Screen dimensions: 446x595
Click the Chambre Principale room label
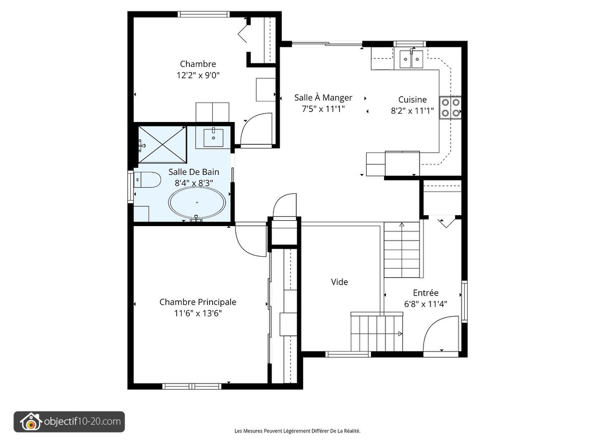tap(198, 302)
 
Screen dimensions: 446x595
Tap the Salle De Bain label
tap(194, 172)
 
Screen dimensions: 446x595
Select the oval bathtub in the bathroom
tap(197, 203)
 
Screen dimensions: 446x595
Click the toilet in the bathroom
tap(147, 180)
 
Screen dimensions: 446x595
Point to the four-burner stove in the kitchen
tap(450, 108)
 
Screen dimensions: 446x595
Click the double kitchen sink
tap(411, 59)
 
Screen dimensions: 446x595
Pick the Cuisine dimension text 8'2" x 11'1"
tap(412, 111)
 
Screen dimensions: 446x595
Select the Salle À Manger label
tap(323, 98)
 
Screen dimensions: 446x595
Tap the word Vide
tap(339, 282)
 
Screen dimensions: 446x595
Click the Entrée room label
tap(425, 293)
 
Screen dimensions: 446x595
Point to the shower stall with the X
tap(162, 144)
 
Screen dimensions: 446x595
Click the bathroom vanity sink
tap(213, 138)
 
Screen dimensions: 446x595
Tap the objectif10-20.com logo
tap(69, 422)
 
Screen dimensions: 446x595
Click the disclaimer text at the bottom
tap(297, 431)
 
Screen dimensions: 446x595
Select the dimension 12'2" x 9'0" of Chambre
tap(198, 75)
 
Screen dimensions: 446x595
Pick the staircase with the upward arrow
tap(402, 250)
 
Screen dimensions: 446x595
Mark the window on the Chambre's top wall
tap(204, 14)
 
